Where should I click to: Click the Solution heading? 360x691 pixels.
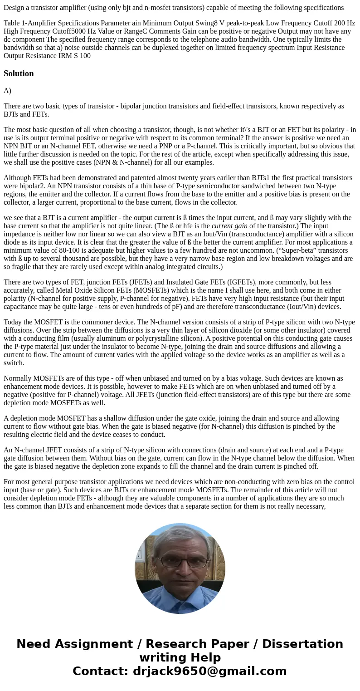pos(19,74)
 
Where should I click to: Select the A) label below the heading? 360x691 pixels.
pos(7,91)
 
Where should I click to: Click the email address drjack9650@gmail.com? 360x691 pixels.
pos(210,671)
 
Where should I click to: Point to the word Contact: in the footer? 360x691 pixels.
pos(101,671)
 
